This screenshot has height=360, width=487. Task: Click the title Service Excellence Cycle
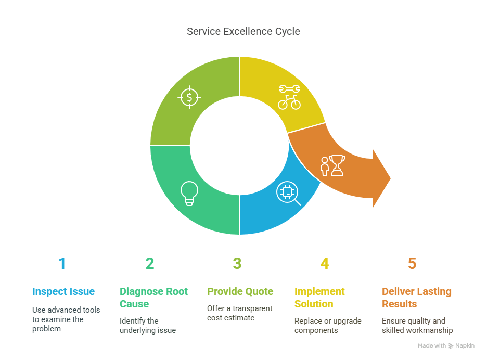(x=243, y=31)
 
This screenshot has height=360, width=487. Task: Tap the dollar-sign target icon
(x=189, y=97)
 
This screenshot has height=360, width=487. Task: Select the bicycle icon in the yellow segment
(x=289, y=102)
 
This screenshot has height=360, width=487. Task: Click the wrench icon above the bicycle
(x=289, y=89)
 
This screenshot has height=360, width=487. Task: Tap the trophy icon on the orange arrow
(x=337, y=165)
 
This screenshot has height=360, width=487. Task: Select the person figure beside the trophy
(x=325, y=166)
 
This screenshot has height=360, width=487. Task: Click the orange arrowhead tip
(x=390, y=178)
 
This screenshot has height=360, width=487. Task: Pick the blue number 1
(x=62, y=263)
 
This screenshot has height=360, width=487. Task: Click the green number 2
(x=150, y=263)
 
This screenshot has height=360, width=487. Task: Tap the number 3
(x=237, y=263)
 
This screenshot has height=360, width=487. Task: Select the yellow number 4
(x=325, y=263)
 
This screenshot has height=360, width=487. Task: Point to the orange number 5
(x=412, y=263)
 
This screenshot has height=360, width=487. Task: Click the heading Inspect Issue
(x=63, y=291)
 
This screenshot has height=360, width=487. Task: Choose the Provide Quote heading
(x=240, y=291)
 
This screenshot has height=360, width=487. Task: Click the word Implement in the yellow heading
(x=319, y=291)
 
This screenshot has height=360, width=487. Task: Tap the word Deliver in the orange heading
(x=398, y=291)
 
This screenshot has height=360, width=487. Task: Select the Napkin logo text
(x=465, y=346)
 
